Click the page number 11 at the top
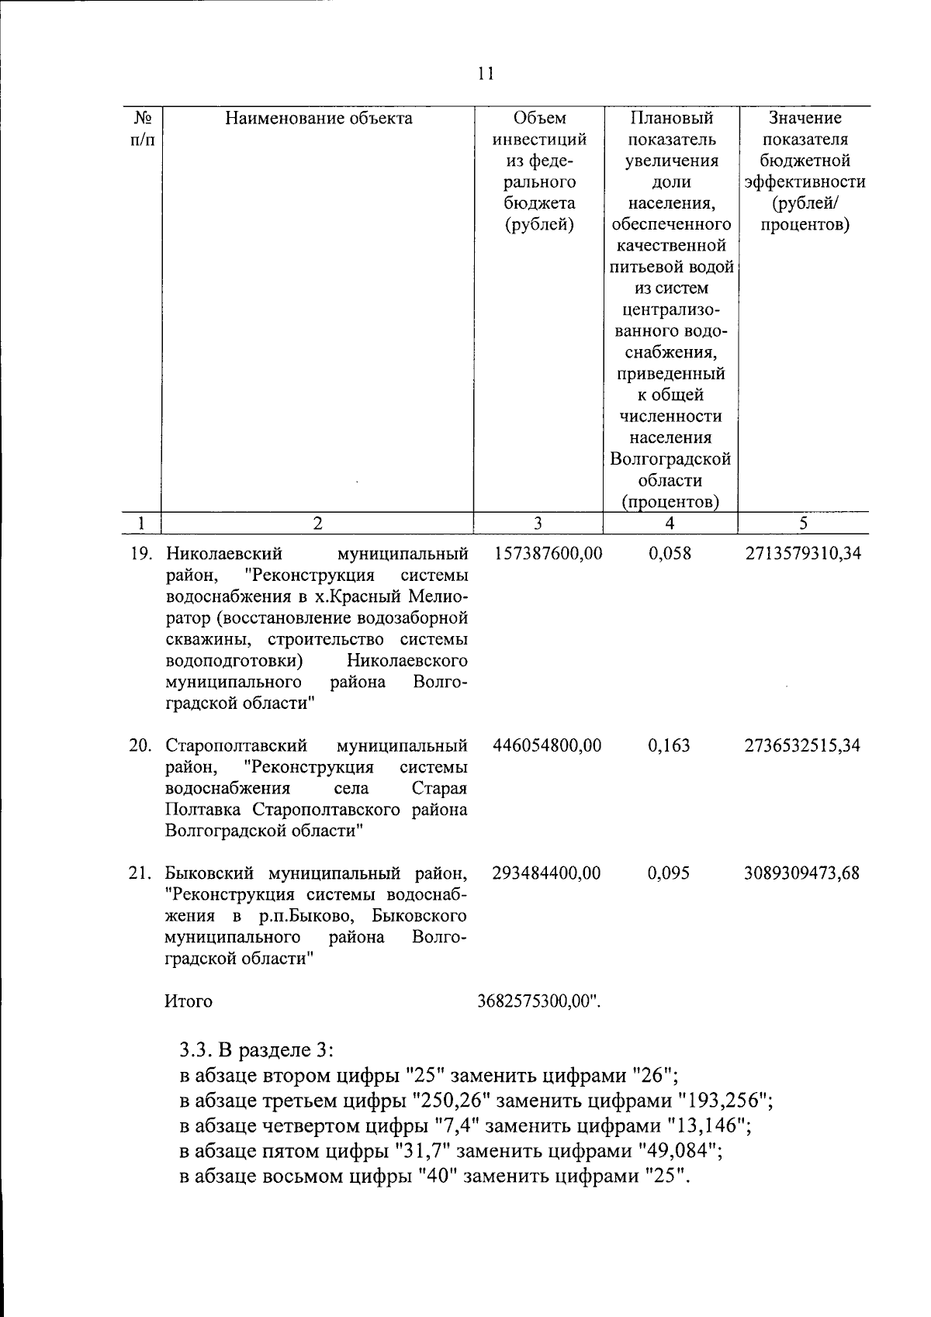486,74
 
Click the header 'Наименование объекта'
318,118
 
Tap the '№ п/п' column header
141,129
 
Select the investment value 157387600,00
547,554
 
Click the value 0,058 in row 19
668,554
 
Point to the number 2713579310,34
802,554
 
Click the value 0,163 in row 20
668,745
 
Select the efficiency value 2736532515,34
802,745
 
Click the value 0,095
668,873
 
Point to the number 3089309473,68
802,873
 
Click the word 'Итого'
189,1001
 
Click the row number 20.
140,745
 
